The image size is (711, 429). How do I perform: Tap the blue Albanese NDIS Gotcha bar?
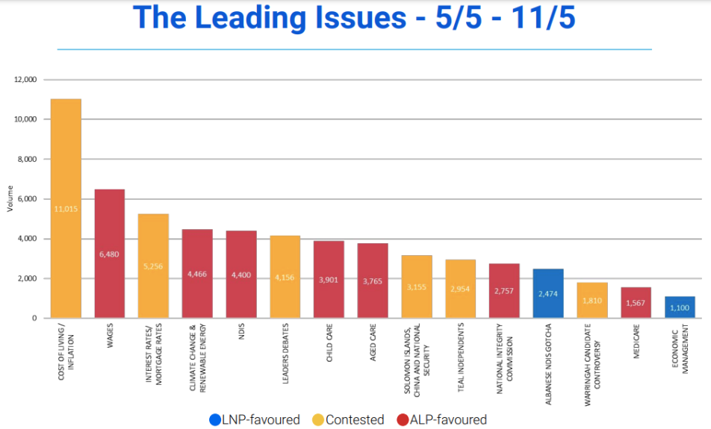click(548, 293)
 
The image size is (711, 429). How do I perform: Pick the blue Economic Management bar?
click(680, 307)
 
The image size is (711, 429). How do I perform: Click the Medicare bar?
click(636, 303)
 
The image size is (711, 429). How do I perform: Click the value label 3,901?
click(329, 279)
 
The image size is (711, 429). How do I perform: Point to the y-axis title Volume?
click(10, 199)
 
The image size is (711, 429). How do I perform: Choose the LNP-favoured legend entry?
click(255, 419)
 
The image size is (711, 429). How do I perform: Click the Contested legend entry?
click(350, 419)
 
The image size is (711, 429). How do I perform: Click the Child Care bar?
click(329, 279)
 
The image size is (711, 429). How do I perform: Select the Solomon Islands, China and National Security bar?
click(417, 286)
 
